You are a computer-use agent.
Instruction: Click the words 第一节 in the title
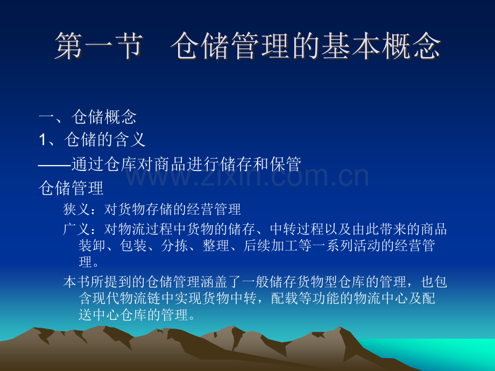(98, 47)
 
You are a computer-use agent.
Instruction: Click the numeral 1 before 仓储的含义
(44, 140)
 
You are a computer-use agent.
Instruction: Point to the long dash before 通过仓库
(55, 164)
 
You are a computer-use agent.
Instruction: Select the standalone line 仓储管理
(72, 188)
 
